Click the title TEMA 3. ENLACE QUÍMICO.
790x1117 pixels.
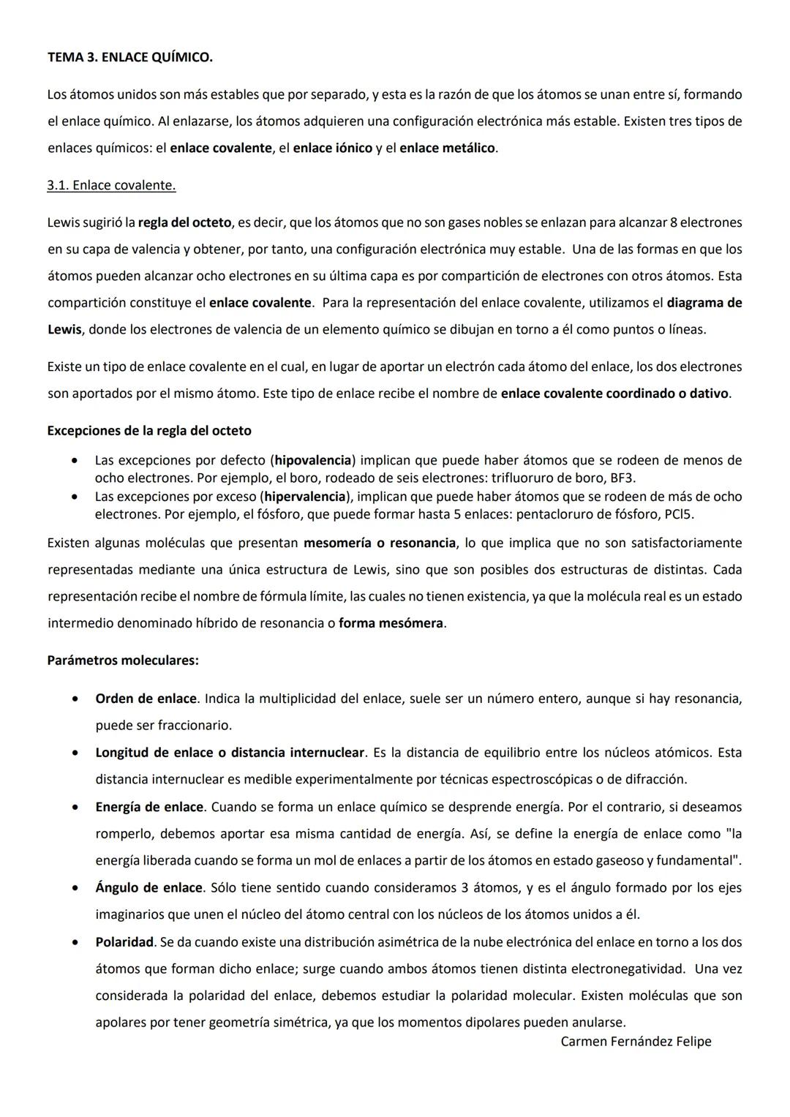(x=129, y=57)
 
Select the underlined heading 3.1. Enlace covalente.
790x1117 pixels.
(x=111, y=185)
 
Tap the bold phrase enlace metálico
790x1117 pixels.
(x=448, y=148)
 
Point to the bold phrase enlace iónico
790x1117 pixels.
(x=333, y=148)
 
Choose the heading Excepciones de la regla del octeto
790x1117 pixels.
(x=149, y=430)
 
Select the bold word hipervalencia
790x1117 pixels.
(x=304, y=497)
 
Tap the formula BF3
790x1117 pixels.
(x=623, y=478)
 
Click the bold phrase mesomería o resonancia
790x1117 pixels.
(x=380, y=543)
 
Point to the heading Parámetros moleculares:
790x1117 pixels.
(x=123, y=660)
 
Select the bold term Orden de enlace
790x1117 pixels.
(x=146, y=699)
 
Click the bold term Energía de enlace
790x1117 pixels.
(x=149, y=807)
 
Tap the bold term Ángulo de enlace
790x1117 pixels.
(x=148, y=887)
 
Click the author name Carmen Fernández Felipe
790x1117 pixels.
(x=636, y=1041)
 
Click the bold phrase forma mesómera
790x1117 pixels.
(x=391, y=623)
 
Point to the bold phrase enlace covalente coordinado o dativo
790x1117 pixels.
(x=614, y=394)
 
